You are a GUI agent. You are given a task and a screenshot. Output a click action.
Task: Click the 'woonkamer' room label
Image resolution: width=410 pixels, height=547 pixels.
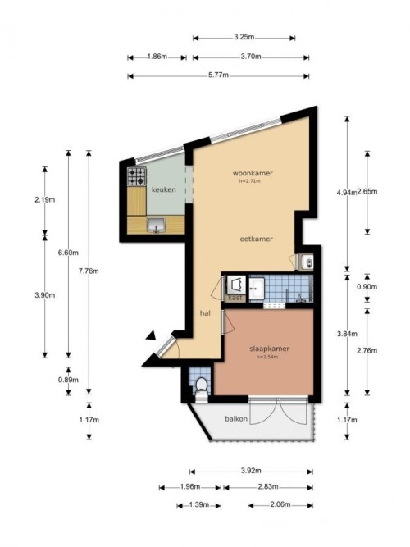click(252, 174)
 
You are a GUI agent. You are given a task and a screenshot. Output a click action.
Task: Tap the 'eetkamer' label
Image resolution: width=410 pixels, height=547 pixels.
click(255, 239)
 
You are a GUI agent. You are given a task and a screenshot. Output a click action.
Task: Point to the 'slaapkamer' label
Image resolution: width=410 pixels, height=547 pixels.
click(269, 348)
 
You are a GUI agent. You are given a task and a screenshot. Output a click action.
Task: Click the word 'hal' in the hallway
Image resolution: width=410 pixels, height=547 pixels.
click(205, 313)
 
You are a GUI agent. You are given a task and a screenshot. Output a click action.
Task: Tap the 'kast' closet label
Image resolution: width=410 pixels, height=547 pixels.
click(236, 298)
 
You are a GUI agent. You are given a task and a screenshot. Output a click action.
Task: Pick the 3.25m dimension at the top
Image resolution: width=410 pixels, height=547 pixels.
click(244, 37)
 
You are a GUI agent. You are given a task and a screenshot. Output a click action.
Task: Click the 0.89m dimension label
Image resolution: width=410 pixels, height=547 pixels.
click(68, 380)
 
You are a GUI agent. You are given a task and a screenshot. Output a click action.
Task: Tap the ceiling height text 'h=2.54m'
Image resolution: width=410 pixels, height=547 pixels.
click(269, 357)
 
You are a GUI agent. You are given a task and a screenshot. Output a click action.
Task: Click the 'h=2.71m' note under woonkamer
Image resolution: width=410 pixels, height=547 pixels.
click(251, 182)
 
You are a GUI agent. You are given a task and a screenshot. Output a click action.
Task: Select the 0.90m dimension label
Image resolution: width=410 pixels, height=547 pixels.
click(367, 287)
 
